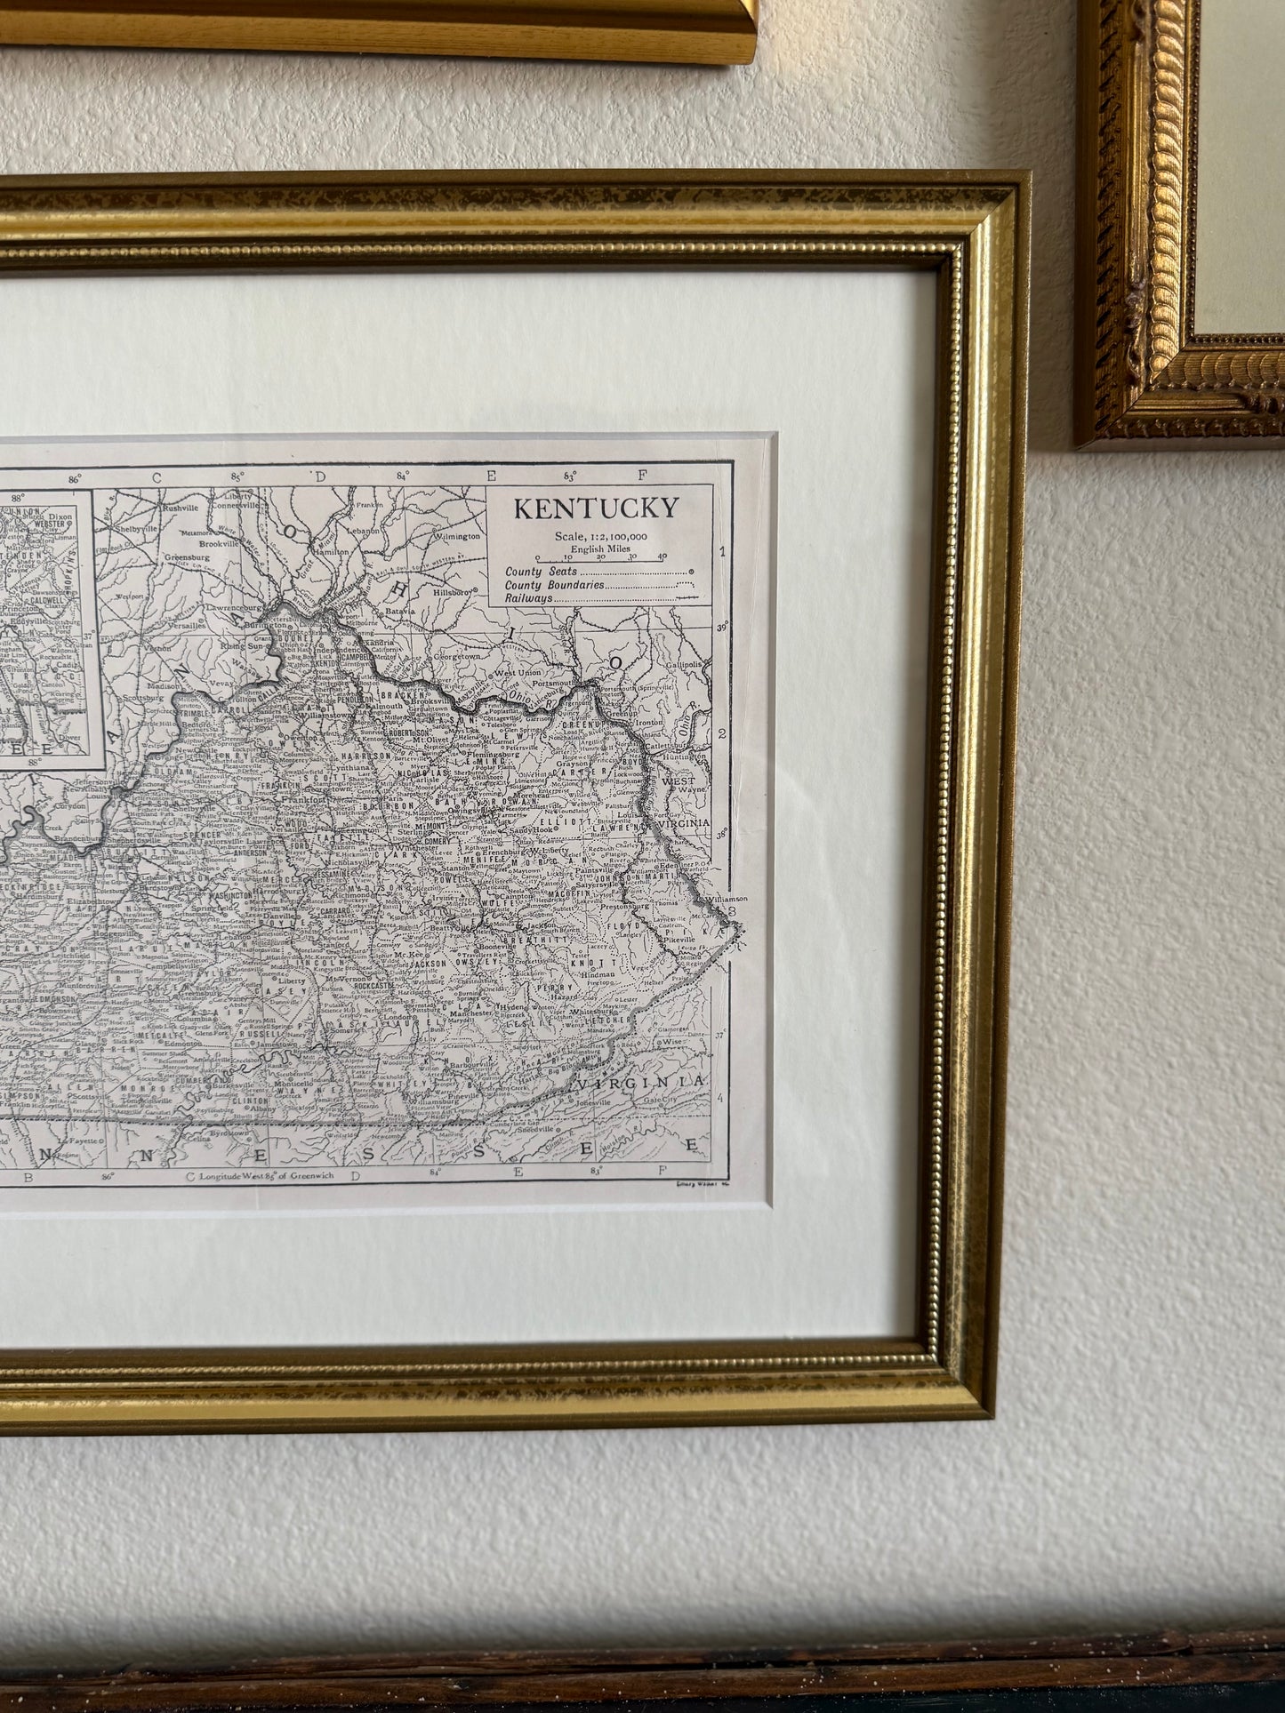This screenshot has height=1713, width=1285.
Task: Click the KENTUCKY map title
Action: (x=595, y=508)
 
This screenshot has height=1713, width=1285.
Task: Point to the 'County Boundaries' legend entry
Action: (x=556, y=585)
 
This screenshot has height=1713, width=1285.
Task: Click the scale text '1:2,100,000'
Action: (x=614, y=536)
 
